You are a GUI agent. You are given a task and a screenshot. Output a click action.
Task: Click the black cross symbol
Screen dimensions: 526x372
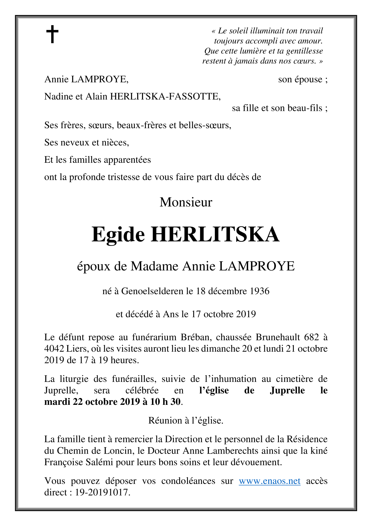[x=52, y=34]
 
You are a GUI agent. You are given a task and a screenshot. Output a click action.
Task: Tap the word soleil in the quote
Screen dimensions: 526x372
[x=238, y=31]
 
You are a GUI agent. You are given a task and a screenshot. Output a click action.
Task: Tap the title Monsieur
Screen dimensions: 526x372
[x=186, y=202]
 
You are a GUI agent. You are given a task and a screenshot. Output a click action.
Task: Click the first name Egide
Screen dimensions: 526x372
[x=118, y=235]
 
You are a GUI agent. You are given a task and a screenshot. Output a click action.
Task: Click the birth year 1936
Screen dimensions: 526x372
[x=259, y=291]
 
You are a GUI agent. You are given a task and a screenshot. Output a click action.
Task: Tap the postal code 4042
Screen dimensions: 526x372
[x=54, y=349]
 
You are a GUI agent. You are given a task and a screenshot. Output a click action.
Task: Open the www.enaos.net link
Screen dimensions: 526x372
[x=269, y=481]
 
